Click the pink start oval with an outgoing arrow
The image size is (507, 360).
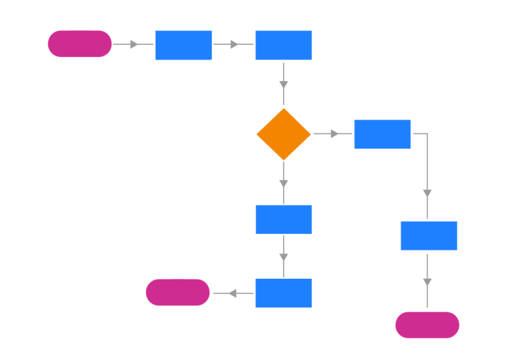[x=80, y=44]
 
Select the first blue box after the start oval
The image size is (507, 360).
[x=184, y=45]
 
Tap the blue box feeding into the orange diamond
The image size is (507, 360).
[x=283, y=45]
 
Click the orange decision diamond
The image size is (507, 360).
[x=283, y=134]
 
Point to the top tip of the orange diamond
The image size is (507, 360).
[x=283, y=110]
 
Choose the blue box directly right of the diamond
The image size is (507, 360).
[x=382, y=134]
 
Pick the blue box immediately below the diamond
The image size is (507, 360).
[x=283, y=219]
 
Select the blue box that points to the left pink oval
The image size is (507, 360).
[x=283, y=293]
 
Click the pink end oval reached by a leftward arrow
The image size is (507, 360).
[x=178, y=292]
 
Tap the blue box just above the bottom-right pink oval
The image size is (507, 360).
[x=428, y=236]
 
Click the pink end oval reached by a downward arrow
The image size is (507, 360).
[x=427, y=325]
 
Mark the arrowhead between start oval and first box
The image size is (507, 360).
[x=134, y=44]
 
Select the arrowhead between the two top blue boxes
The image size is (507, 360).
[x=234, y=44]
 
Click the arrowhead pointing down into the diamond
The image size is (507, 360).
[x=283, y=85]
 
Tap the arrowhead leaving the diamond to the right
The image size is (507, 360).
[x=335, y=134]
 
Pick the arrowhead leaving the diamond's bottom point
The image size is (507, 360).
[x=283, y=182]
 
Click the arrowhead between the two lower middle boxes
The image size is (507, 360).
[x=283, y=257]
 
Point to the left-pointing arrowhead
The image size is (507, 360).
[x=232, y=293]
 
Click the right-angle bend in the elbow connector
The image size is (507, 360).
[x=427, y=134]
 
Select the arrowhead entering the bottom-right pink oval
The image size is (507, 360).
[x=427, y=282]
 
